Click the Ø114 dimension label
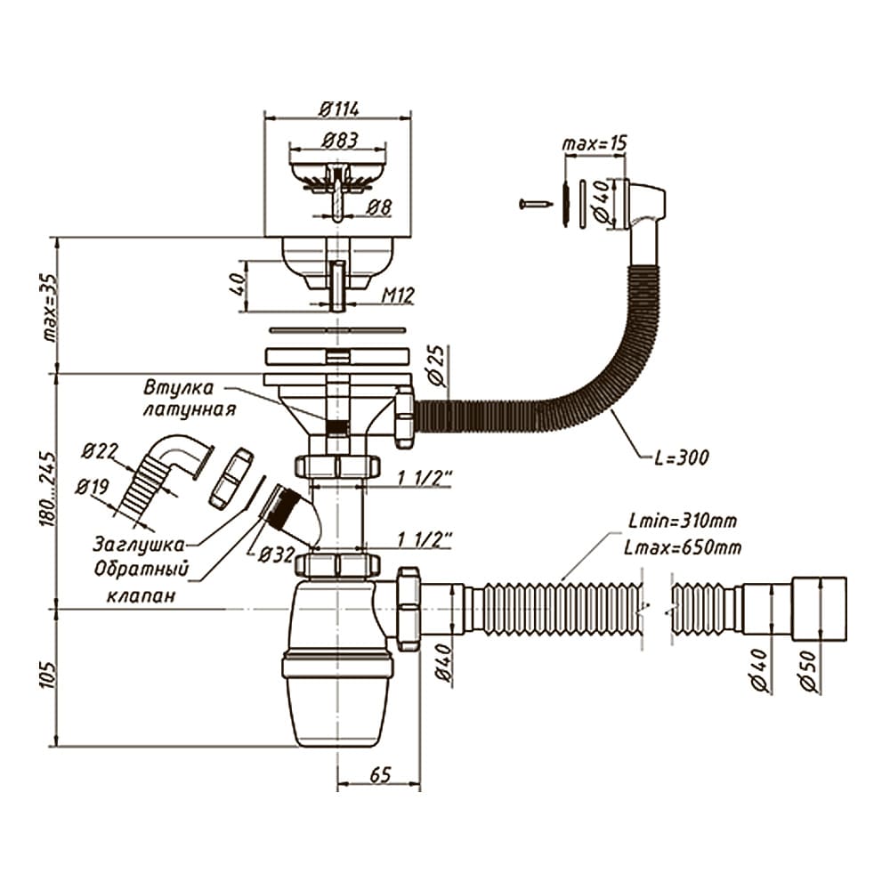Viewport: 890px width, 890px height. pos(339,109)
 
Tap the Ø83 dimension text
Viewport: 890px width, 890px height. pos(340,141)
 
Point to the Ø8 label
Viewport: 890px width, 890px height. pos(378,206)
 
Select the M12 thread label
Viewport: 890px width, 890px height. pos(398,295)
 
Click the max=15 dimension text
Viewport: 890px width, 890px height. pos(595,143)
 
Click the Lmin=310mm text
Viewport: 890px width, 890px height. pos(683,520)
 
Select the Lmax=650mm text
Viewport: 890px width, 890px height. pos(683,547)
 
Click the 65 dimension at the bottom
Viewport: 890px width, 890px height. pos(380,774)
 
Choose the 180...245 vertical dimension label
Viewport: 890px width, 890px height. pos(48,489)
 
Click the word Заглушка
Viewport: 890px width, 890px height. pos(139,545)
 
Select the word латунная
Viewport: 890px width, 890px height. pos(189,409)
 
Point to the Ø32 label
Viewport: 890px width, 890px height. pos(277,554)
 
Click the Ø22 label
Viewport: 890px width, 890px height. pos(100,452)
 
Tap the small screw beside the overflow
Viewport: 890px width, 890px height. pos(535,203)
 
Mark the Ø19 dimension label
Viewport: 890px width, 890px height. pos(93,487)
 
